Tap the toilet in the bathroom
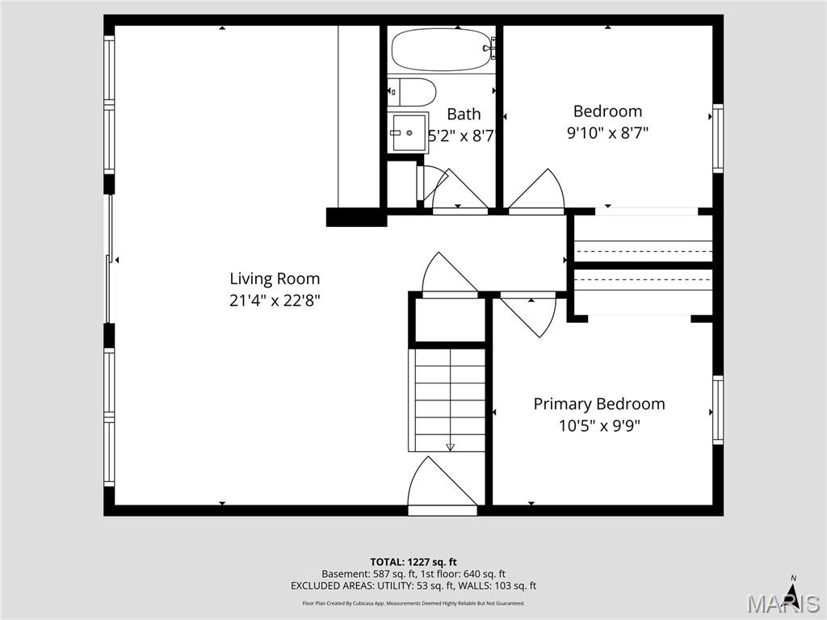(x=412, y=92)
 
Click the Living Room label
(x=275, y=279)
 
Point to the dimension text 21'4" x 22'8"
(x=275, y=300)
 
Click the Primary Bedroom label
(x=598, y=404)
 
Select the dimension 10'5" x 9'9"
(x=598, y=425)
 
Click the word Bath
(x=464, y=114)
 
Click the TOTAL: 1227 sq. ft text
(x=413, y=562)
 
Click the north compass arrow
(x=793, y=593)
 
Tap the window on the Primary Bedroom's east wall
(x=717, y=410)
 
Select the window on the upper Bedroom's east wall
(x=717, y=139)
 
